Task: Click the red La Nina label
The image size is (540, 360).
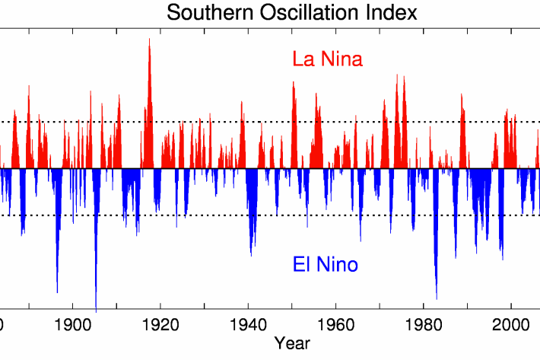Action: click(327, 59)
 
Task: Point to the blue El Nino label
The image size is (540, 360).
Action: click(326, 265)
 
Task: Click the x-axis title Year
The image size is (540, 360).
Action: click(292, 342)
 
